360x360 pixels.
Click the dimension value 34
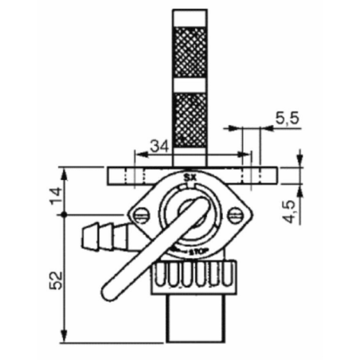tap(159, 146)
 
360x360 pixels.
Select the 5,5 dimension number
tap(288, 119)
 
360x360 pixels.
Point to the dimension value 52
tap(57, 280)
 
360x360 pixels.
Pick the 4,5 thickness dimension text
tap(289, 211)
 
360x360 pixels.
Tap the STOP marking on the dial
tap(198, 251)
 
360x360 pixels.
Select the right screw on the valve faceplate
tap(235, 215)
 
